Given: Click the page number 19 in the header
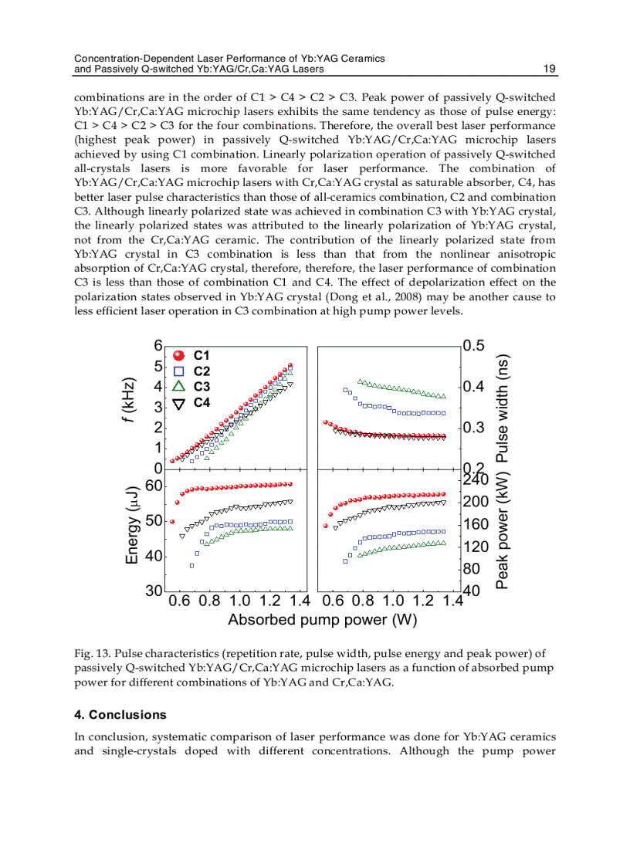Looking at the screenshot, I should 550,69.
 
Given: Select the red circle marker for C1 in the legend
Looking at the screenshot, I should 178,356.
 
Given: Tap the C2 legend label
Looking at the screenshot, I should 202,371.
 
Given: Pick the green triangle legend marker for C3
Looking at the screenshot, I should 178,387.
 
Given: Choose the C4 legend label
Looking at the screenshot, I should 202,403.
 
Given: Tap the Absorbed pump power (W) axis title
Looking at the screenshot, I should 312,619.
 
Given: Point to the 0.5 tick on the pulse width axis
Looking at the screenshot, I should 474,346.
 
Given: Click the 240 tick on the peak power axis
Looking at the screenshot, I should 476,479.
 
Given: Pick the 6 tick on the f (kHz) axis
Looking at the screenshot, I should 157,346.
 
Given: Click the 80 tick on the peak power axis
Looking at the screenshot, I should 472,569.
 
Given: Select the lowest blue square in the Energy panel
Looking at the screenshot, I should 191,566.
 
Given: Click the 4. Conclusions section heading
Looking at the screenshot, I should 120,715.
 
